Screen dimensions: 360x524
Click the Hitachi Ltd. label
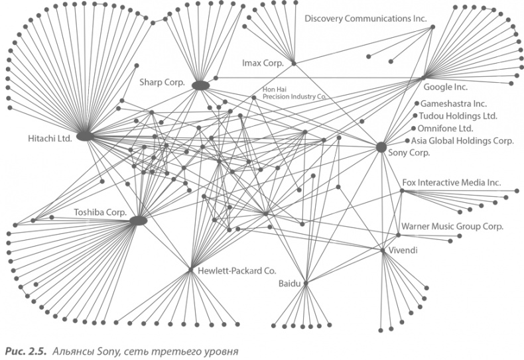point(49,139)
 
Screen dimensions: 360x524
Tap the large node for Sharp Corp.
point(200,86)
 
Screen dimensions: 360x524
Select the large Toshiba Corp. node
point(138,220)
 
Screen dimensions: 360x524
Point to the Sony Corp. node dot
point(381,147)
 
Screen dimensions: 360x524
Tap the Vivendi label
point(405,251)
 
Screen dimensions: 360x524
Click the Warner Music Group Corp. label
point(452,226)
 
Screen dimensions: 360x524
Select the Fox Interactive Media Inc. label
point(452,182)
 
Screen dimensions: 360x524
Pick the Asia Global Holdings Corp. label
point(462,141)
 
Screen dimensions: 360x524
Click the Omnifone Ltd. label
point(444,128)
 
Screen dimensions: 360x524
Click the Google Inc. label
point(445,87)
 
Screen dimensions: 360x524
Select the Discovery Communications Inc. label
point(365,19)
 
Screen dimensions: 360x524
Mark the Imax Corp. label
point(263,63)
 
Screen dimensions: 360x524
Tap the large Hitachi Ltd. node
point(84,137)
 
